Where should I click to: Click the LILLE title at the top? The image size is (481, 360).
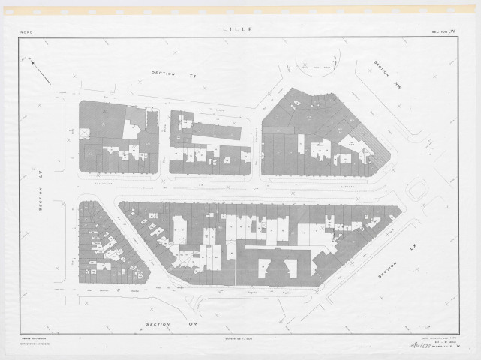238,29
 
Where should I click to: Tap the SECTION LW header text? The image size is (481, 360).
444,31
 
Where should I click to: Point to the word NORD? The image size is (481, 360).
28,31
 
